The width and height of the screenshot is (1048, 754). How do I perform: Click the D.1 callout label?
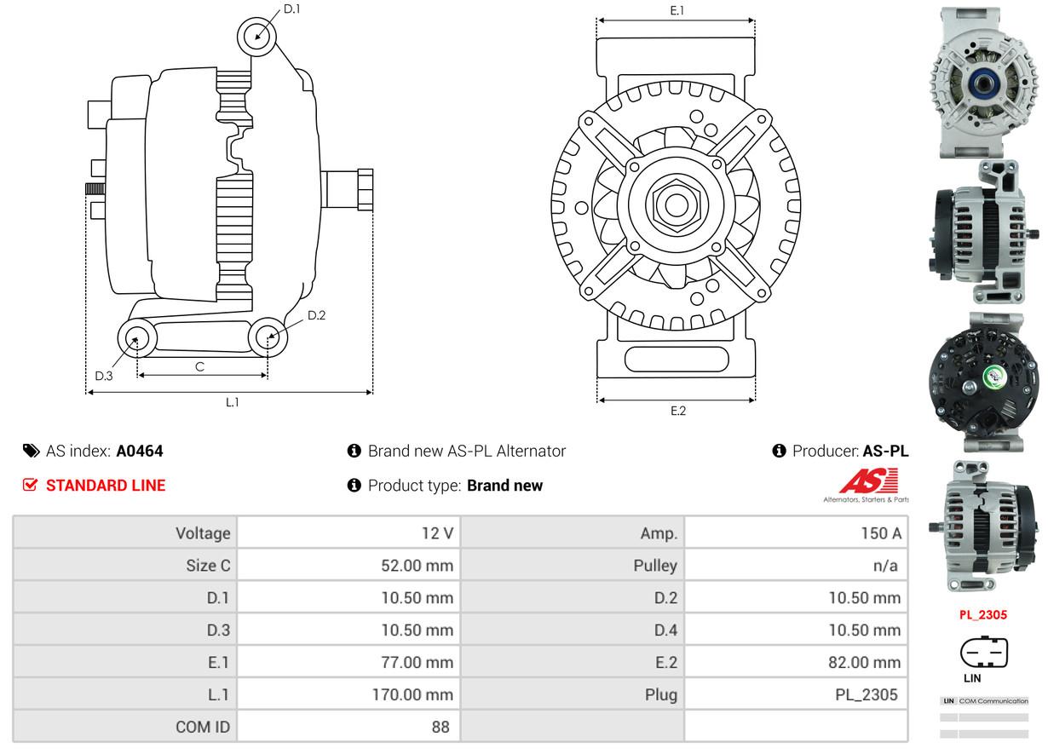pos(292,9)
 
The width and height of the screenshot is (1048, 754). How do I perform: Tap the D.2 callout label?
pos(316,315)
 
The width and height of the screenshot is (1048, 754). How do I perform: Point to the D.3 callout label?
pos(103,376)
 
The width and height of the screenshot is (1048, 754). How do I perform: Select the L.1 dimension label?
pos(232,402)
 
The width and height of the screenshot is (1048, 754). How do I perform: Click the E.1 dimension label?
pos(677,10)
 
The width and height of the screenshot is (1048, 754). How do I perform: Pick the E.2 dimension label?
pos(678,411)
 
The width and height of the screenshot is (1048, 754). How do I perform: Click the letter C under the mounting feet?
pos(199,366)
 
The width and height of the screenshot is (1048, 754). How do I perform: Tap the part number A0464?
pos(140,451)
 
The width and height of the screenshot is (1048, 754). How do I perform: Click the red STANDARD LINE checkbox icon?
pos(30,485)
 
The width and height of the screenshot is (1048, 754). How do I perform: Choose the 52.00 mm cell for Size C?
pos(348,565)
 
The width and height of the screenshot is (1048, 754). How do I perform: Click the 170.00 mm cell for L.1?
pos(348,694)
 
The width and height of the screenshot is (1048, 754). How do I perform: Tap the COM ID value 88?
pos(441,727)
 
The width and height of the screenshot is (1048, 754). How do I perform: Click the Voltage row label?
pos(203,533)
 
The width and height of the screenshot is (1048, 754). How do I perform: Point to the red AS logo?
pos(869,481)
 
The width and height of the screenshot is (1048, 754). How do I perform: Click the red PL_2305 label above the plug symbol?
pos(983,614)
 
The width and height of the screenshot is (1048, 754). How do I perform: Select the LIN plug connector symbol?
pos(984,652)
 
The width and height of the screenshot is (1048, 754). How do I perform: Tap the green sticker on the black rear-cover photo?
pos(994,377)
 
